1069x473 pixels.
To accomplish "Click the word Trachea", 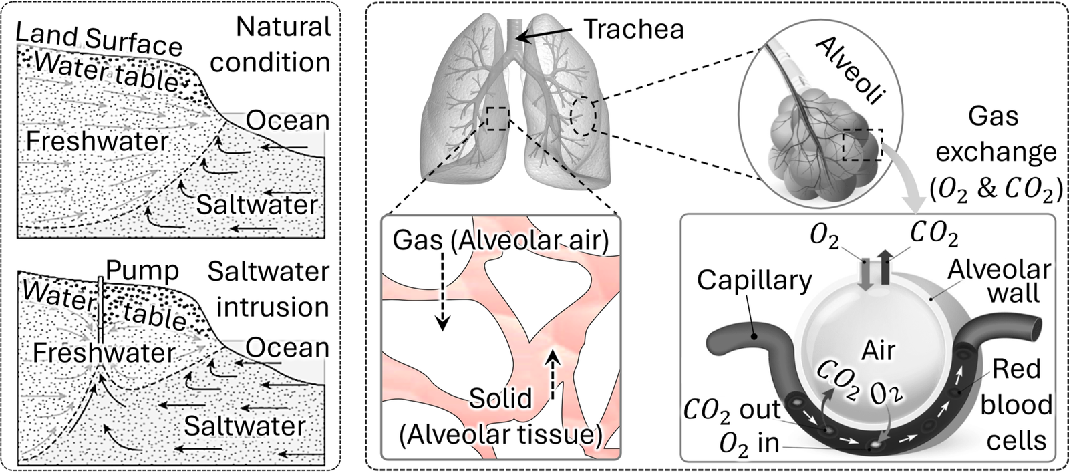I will coord(634,29).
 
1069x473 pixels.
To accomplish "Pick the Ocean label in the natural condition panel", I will coord(288,120).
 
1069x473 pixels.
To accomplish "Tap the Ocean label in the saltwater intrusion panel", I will coord(288,348).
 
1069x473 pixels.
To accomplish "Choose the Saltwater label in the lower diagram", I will coord(245,426).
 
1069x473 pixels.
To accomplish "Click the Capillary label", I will coord(754,281).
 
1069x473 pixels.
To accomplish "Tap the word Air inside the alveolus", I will coord(879,350).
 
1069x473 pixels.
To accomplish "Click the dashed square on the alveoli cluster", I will coord(863,146).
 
